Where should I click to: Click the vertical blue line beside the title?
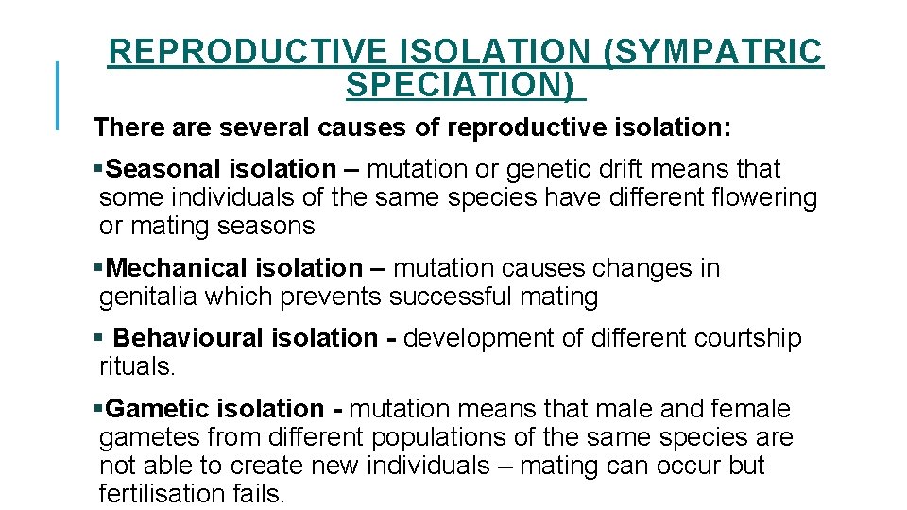pos(58,94)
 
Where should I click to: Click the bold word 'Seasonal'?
pos(163,170)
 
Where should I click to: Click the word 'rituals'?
pos(137,367)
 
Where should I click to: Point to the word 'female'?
pos(744,409)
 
